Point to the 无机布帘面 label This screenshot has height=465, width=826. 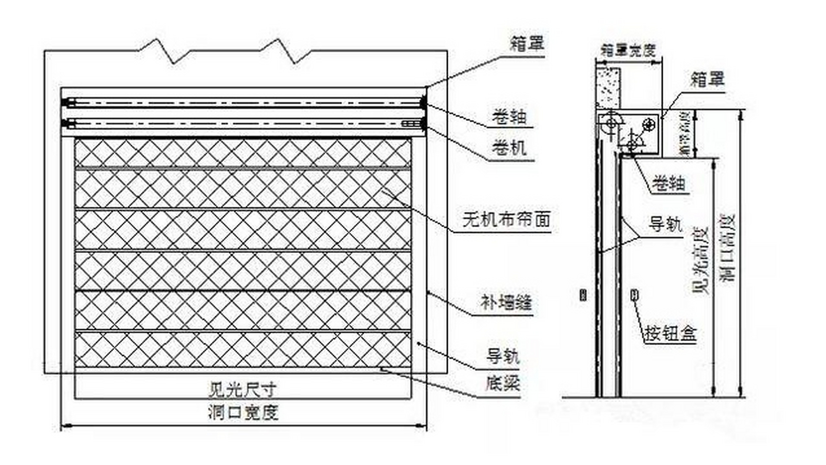click(x=506, y=219)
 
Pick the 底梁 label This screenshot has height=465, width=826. click(x=503, y=383)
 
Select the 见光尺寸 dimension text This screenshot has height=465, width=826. click(x=243, y=390)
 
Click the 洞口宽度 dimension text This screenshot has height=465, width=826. click(x=243, y=413)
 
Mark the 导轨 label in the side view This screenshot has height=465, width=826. click(x=665, y=225)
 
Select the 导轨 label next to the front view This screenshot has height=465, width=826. click(x=503, y=356)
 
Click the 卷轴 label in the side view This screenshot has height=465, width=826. click(x=669, y=184)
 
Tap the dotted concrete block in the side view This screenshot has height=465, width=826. click(x=608, y=87)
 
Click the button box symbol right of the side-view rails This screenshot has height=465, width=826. click(x=635, y=295)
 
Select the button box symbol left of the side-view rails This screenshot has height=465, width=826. click(x=583, y=295)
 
